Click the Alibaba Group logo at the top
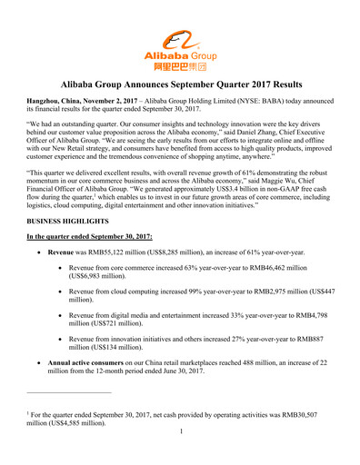179,48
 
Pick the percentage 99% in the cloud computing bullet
193,305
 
